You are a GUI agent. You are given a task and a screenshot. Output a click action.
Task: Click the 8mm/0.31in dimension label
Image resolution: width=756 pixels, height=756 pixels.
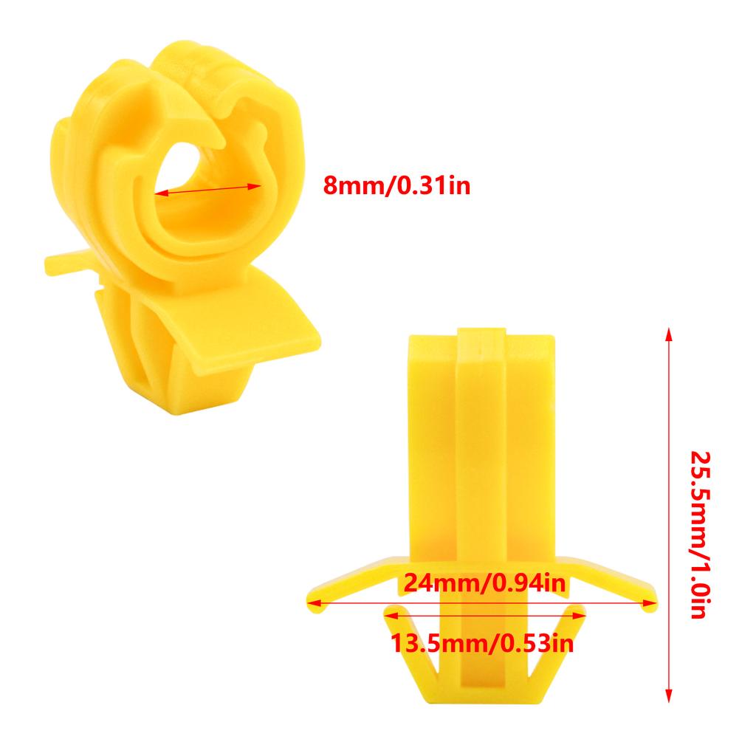pos(396,185)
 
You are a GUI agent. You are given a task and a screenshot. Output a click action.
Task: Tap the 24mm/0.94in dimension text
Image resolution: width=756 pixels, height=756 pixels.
pos(484,583)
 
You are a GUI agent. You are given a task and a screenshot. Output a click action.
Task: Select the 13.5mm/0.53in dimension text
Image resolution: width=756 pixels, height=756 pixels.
pos(481,643)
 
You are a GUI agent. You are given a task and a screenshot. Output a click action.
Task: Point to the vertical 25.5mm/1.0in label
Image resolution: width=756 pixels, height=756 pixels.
pos(701,535)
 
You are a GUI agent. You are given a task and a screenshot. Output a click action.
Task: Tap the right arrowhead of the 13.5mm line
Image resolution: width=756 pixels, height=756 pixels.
pos(580,616)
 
